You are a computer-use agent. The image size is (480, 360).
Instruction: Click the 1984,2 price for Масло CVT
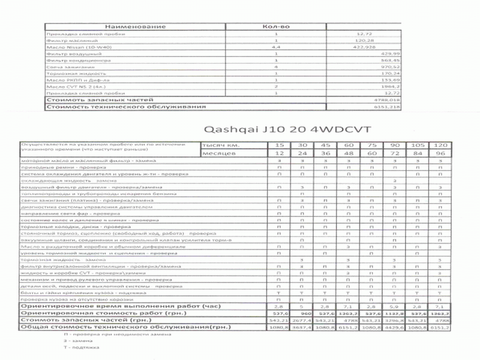pyautogui.click(x=373, y=86)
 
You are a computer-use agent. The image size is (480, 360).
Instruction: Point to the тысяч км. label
pyautogui.click(x=222, y=146)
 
